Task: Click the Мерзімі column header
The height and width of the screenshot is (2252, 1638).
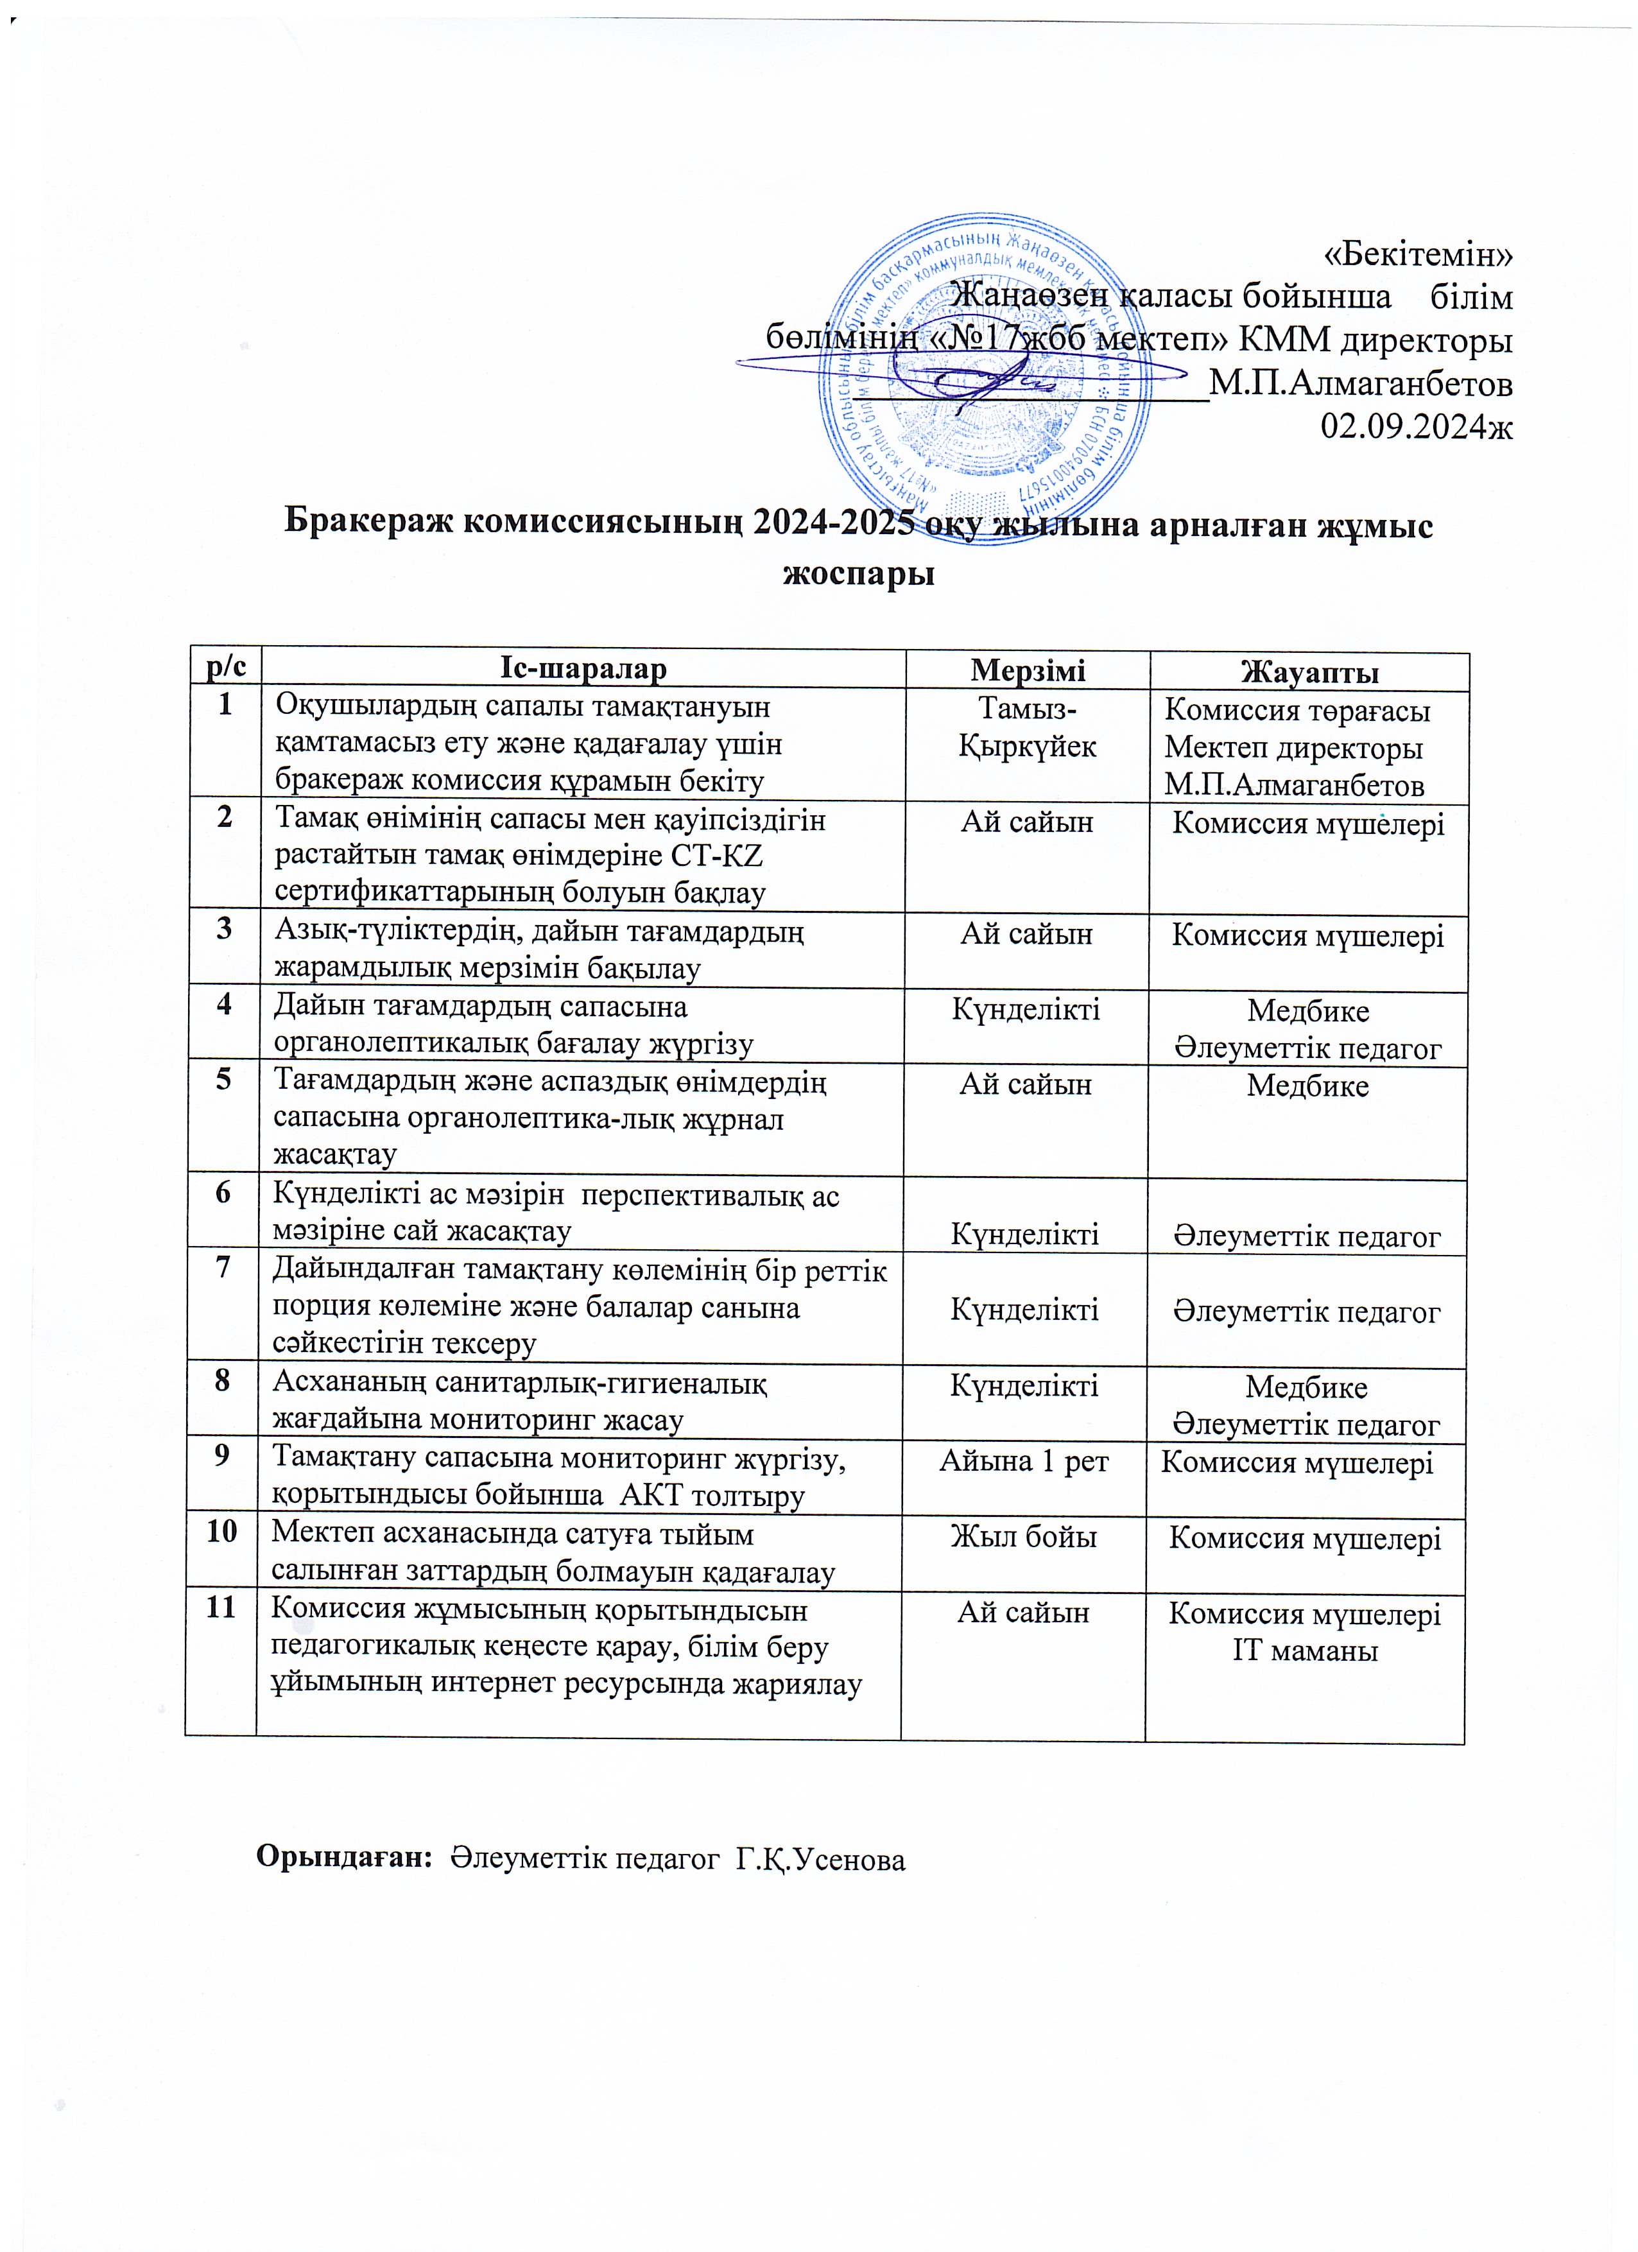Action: click(x=1028, y=670)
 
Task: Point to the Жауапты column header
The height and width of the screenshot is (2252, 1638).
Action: click(x=1309, y=672)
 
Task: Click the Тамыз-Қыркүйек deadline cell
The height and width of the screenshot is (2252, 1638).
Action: click(x=1028, y=728)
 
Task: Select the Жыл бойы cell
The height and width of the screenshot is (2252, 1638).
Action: click(x=1024, y=1536)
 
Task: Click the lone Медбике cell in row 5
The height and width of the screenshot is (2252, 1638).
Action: click(x=1307, y=1086)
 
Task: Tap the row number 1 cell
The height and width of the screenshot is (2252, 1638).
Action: click(x=225, y=705)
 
